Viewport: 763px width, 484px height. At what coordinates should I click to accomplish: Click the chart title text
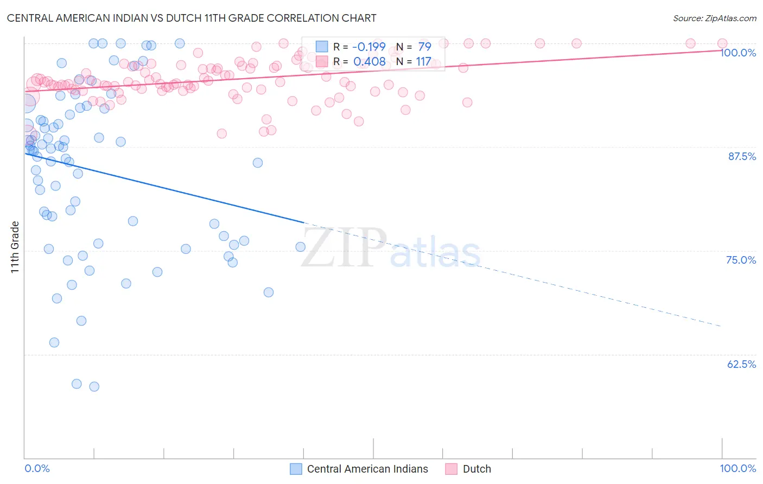click(192, 18)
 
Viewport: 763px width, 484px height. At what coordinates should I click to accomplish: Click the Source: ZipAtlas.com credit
click(714, 18)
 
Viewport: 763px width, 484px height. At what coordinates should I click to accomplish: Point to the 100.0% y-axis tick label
click(738, 53)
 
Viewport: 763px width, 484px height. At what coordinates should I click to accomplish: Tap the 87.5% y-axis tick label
click(741, 156)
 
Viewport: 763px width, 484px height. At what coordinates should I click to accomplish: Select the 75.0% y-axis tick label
click(741, 260)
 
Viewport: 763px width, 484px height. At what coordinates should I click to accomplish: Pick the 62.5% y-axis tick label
click(741, 364)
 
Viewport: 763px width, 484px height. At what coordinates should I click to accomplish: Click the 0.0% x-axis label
click(37, 468)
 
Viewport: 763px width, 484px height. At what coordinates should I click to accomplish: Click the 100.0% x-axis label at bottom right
click(738, 468)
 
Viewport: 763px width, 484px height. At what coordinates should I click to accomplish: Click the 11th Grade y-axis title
click(15, 247)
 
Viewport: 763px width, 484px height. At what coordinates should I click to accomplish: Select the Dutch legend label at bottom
click(476, 469)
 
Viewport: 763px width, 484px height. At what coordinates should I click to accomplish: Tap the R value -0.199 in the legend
click(368, 47)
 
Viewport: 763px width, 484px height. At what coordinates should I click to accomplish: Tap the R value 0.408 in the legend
click(369, 61)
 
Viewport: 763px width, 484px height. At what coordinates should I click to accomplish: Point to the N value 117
click(423, 61)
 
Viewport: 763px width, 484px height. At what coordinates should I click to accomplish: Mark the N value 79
click(424, 47)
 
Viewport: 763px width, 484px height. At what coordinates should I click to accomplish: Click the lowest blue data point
click(94, 386)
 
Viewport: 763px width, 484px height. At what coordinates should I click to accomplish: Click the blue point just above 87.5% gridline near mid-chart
click(258, 163)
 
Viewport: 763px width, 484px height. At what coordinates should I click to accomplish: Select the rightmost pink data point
click(722, 43)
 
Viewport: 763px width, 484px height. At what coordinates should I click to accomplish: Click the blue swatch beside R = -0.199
click(322, 47)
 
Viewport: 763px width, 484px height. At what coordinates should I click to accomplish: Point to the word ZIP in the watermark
click(344, 248)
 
